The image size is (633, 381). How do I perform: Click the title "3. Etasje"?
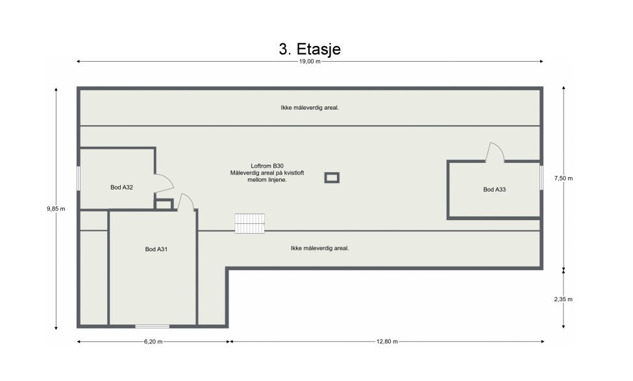pos(310,49)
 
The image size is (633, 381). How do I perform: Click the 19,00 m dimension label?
pos(310,62)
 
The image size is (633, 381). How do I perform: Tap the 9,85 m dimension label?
pos(56,208)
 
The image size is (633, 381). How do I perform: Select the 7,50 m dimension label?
pos(563,178)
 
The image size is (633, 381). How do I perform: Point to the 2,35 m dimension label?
pos(563,299)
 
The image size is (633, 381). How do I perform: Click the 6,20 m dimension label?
pos(153,341)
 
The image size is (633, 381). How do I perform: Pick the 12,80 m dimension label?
pos(387,341)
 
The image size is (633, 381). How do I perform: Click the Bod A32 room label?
pos(121,188)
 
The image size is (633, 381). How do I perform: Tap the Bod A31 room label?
pos(156,249)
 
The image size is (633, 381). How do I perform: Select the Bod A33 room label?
pos(495,190)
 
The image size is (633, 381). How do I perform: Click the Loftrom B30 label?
pos(267,166)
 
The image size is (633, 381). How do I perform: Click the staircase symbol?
pos(250,223)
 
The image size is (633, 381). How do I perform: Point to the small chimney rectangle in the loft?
pos(332,178)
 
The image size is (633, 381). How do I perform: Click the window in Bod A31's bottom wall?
pos(152,326)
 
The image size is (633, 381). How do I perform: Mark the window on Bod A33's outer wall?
pos(541,177)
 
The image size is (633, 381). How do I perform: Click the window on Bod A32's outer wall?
pos(79,178)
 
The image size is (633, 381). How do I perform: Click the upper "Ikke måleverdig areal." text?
pos(310,108)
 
